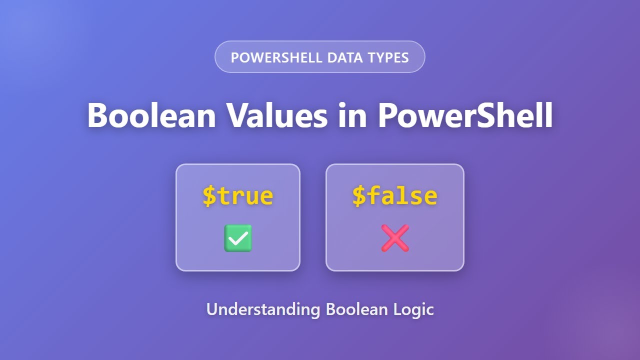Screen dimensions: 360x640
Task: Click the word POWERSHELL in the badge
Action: click(276, 57)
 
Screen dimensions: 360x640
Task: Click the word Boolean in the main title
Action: click(151, 115)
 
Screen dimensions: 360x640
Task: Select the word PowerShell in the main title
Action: click(465, 115)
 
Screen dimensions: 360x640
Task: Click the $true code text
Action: click(238, 195)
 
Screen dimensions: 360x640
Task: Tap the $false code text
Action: click(395, 195)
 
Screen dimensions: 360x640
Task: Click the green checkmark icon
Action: click(238, 238)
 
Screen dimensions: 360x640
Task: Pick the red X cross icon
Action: click(395, 238)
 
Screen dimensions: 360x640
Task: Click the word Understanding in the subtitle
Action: click(263, 309)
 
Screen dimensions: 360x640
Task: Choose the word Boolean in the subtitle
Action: click(356, 309)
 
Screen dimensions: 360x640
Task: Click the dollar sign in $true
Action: click(208, 195)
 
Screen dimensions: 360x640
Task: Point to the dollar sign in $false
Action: click(359, 195)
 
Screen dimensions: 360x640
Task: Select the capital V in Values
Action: click(239, 115)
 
